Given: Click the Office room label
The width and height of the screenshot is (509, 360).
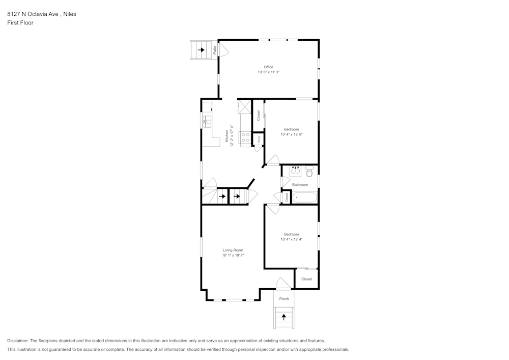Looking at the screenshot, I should pyautogui.click(x=268, y=67).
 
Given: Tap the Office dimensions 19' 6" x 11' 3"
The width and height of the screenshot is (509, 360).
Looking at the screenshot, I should pyautogui.click(x=268, y=72).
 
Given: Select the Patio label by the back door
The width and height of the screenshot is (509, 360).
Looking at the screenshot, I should pyautogui.click(x=215, y=50).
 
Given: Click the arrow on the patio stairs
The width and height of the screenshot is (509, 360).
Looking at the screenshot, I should pyautogui.click(x=202, y=50).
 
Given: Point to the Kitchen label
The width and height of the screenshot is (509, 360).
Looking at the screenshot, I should pyautogui.click(x=227, y=135).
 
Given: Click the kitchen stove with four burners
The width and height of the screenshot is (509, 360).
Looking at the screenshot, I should pyautogui.click(x=245, y=137).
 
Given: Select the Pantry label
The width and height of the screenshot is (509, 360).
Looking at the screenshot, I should pyautogui.click(x=259, y=139).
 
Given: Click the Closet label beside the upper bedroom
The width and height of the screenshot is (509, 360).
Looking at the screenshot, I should pyautogui.click(x=259, y=116).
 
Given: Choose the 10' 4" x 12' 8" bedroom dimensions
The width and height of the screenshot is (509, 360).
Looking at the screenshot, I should pyautogui.click(x=292, y=134).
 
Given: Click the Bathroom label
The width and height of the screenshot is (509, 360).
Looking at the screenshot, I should pyautogui.click(x=300, y=185).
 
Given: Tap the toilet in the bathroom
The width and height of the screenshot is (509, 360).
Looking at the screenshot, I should pyautogui.click(x=308, y=172).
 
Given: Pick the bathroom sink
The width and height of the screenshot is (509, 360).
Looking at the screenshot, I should pyautogui.click(x=295, y=171).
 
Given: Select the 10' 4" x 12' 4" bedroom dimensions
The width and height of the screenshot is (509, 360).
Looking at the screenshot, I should pyautogui.click(x=292, y=239).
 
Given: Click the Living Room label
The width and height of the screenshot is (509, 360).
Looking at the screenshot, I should pyautogui.click(x=233, y=250).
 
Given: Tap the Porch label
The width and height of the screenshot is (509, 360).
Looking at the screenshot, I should pyautogui.click(x=284, y=299).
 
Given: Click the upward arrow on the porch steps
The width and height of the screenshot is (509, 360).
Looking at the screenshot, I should pyautogui.click(x=284, y=317).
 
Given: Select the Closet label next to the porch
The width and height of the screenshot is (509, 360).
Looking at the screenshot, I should pyautogui.click(x=306, y=279).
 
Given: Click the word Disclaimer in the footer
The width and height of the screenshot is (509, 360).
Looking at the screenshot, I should pyautogui.click(x=18, y=341).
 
